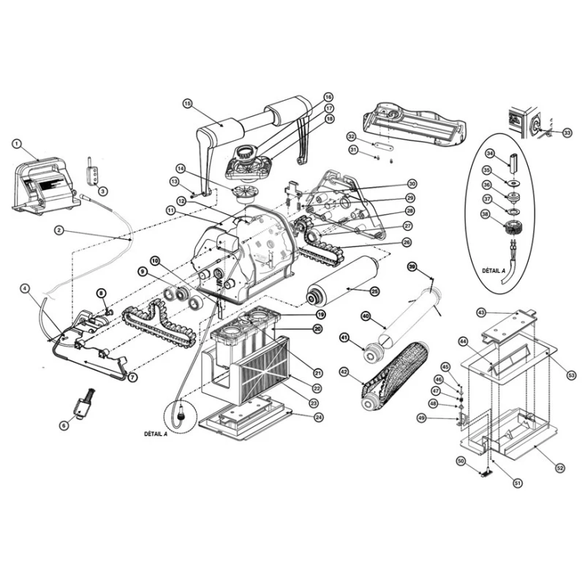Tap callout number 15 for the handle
[x=188, y=104]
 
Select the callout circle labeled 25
[x=374, y=291]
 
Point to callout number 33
[x=567, y=132]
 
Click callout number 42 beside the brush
[x=344, y=371]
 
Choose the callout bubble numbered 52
[x=560, y=468]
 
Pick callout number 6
[x=64, y=426]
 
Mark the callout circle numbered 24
[x=319, y=417]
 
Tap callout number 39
[x=412, y=266]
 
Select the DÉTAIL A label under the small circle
[x=156, y=434]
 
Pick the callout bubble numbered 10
[x=156, y=260]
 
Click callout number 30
[x=412, y=184]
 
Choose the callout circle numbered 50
[x=461, y=461]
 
